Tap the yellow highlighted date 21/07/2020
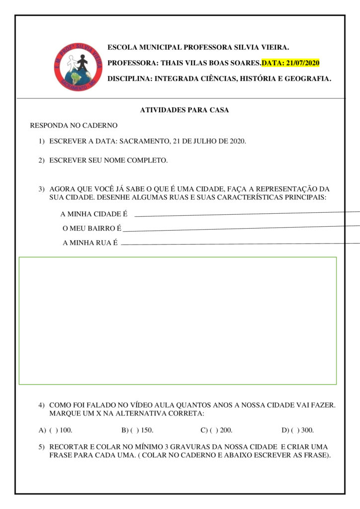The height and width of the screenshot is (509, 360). (x=290, y=63)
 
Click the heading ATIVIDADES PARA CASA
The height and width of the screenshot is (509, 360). (x=184, y=110)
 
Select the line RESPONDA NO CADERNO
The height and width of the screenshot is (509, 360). (x=74, y=126)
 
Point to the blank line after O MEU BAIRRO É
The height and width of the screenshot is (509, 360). (x=241, y=229)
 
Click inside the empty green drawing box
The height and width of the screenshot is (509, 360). (x=178, y=321)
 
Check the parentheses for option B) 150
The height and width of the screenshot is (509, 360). (x=133, y=430)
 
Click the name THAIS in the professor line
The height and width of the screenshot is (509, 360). (x=173, y=63)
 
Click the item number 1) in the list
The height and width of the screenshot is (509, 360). (x=42, y=141)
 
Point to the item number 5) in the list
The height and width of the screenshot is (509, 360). (x=42, y=447)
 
